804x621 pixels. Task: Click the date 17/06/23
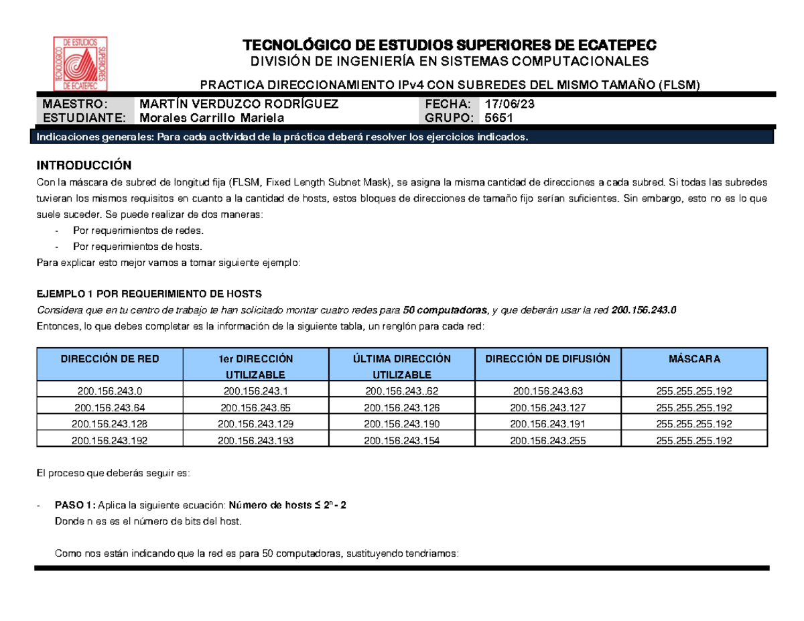pos(509,105)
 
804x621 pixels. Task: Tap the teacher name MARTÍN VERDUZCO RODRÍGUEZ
pos(238,105)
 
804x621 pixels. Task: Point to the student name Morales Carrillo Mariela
pos(210,118)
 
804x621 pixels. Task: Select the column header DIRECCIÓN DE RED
pos(110,359)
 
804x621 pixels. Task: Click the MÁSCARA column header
pos(694,359)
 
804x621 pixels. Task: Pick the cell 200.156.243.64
pos(110,407)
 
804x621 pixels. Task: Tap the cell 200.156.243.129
pos(256,424)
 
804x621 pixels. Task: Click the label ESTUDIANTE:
pos(84,118)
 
